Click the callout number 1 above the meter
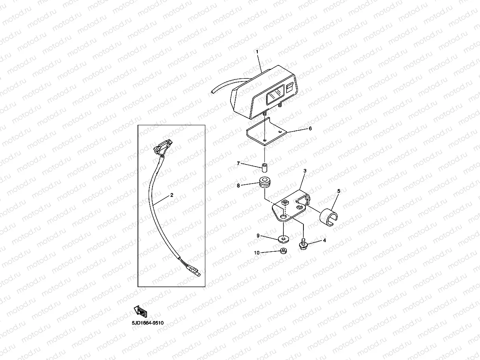click(257, 52)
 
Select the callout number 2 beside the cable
click(171, 195)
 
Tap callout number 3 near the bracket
click(305, 171)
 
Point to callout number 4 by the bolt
click(324, 240)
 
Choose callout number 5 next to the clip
click(338, 191)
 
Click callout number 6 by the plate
click(310, 128)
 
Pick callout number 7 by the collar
click(238, 163)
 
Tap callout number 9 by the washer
click(258, 236)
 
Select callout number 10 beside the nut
click(257, 253)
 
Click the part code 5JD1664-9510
click(148, 323)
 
